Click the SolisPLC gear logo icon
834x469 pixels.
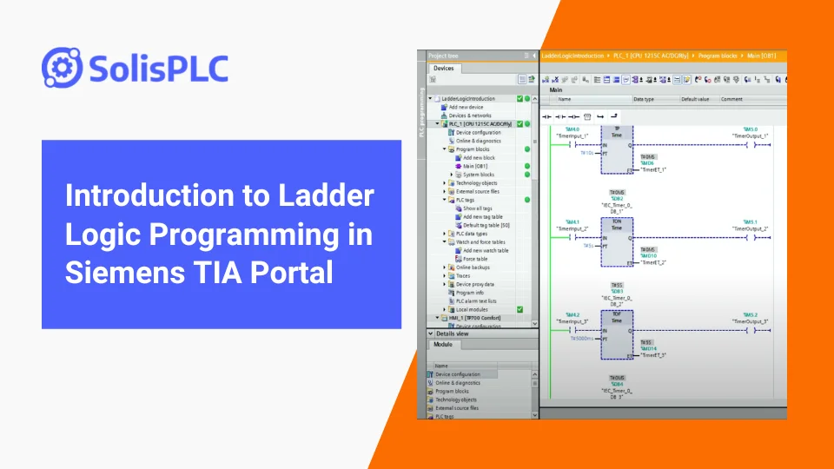[62, 67]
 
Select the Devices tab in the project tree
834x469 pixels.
[443, 68]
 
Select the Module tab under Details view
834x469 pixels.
[443, 345]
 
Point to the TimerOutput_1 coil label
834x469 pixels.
[751, 135]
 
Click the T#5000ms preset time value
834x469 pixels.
[582, 339]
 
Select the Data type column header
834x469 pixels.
[644, 99]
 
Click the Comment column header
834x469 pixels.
[731, 99]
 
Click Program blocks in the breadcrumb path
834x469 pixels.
[715, 55]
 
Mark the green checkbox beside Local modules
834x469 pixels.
[520, 309]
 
